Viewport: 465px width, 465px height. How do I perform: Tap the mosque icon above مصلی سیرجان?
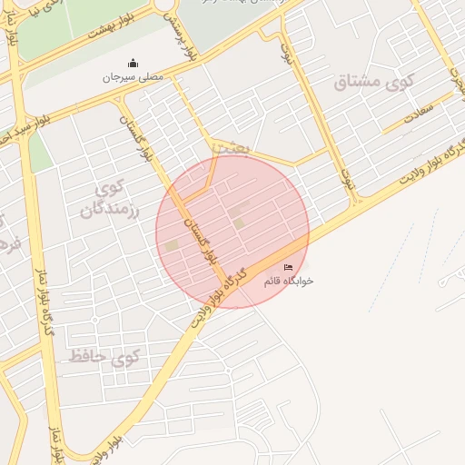(x=134, y=64)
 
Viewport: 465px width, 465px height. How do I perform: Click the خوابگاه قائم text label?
(x=288, y=282)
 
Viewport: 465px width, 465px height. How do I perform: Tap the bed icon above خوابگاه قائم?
(x=289, y=267)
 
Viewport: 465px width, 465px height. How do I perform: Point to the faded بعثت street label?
(x=228, y=145)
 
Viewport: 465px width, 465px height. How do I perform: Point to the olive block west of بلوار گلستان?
(x=172, y=245)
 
